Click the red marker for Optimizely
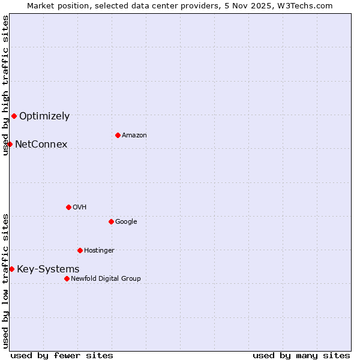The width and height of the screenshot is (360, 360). point(14,116)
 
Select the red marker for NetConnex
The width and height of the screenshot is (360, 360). point(10,144)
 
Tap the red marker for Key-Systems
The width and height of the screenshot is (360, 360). point(11,269)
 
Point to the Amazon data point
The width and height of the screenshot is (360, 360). point(118,135)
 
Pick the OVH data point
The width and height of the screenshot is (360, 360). point(68,207)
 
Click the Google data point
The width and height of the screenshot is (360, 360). point(111,221)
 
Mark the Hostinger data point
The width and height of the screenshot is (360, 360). point(80,250)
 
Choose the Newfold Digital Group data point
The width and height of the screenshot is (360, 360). point(67,278)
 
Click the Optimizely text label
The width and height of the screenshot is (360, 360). point(44,116)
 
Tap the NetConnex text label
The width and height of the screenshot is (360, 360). point(41,145)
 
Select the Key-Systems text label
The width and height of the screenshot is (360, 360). point(48,269)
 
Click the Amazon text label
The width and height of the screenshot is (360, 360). point(134,136)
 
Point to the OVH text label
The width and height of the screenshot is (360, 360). point(80,208)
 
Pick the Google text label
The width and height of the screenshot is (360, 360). point(126,222)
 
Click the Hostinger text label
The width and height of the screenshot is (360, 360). point(99,251)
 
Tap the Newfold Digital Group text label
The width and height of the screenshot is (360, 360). point(106,279)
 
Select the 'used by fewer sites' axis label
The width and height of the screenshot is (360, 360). point(62,355)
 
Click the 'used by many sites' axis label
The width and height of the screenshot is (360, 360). point(301,355)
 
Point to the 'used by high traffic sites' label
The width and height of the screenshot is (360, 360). point(5,85)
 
